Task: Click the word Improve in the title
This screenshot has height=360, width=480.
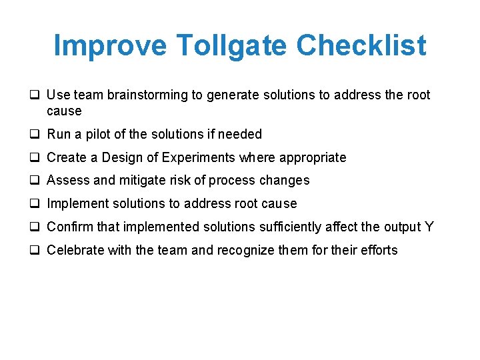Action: [x=111, y=45]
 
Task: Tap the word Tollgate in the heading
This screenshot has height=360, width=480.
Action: [x=232, y=45]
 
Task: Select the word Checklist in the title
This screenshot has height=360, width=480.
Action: [x=361, y=45]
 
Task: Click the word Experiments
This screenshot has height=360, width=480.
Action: [x=197, y=158]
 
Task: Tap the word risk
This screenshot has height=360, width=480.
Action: [x=179, y=181]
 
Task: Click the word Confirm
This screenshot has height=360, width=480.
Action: [x=70, y=227]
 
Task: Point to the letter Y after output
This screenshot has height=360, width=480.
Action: [x=429, y=227]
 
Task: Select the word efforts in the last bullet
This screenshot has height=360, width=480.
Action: [x=378, y=251]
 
